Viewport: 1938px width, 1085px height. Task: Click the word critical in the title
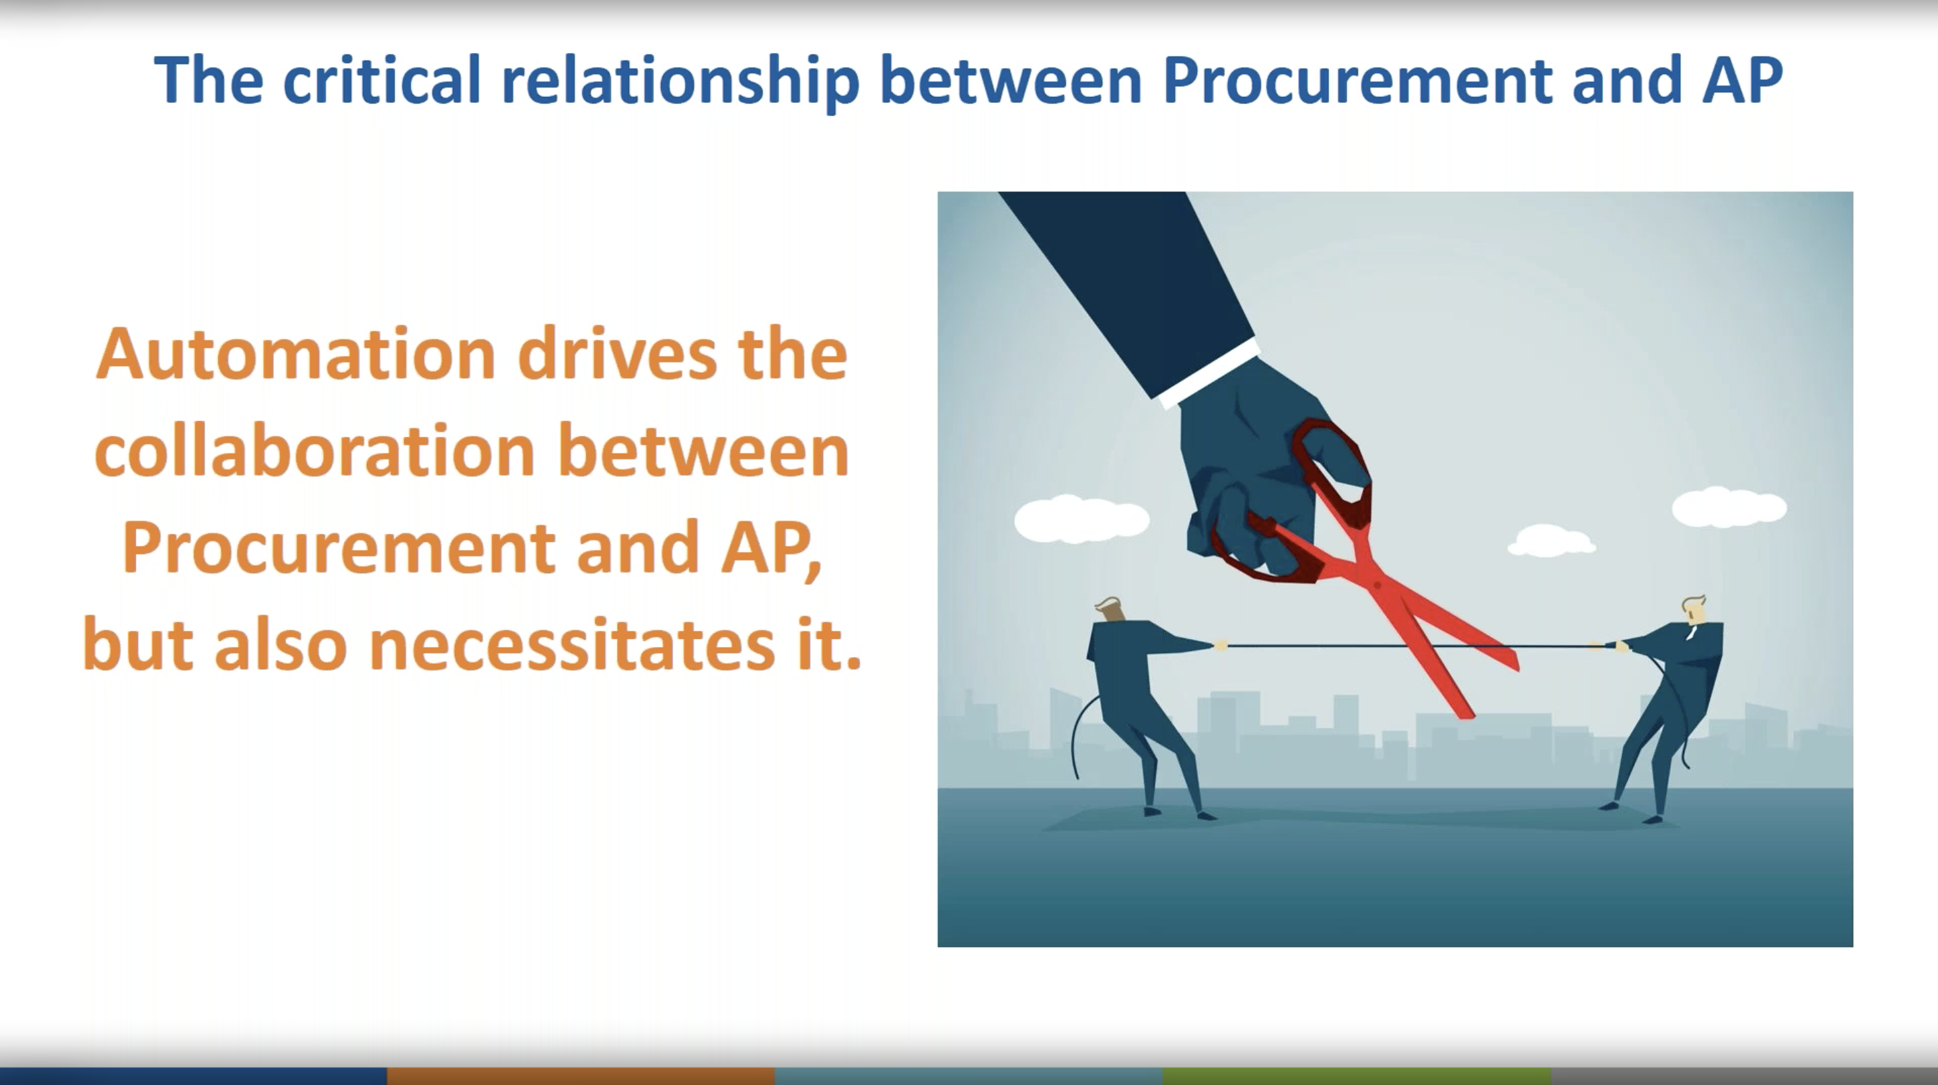(382, 79)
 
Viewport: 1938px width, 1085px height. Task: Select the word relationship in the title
(680, 82)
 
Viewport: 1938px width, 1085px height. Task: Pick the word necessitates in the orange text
(573, 645)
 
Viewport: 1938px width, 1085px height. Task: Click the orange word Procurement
(338, 548)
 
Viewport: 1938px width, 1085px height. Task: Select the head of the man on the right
(1694, 611)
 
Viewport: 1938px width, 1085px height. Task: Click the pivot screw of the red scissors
(1377, 585)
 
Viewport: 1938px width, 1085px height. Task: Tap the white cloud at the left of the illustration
(1082, 519)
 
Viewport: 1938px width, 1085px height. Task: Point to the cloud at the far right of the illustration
(1729, 507)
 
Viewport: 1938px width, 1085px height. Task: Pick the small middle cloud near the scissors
(1550, 541)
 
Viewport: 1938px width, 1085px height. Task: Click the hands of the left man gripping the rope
(1220, 645)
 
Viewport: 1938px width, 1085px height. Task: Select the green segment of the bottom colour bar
(1357, 1076)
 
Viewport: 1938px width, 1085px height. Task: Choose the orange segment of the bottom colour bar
(581, 1076)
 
